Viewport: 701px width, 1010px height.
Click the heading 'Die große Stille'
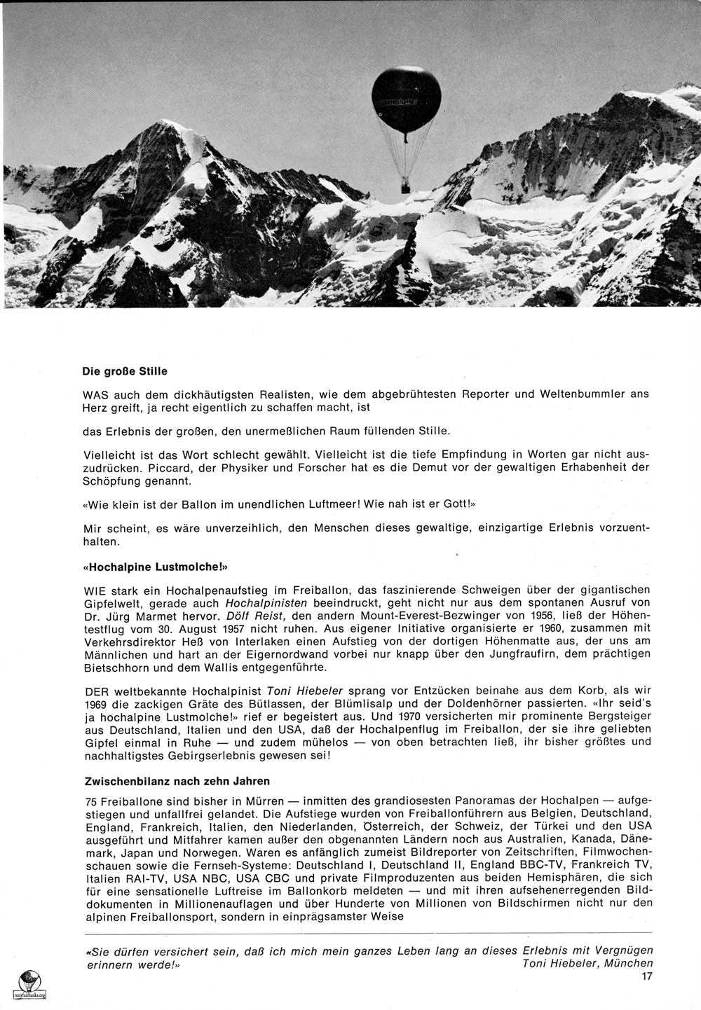coord(125,371)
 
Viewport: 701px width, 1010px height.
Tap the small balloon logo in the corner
coord(27,983)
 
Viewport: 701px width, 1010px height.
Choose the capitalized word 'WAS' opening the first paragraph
coord(95,394)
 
